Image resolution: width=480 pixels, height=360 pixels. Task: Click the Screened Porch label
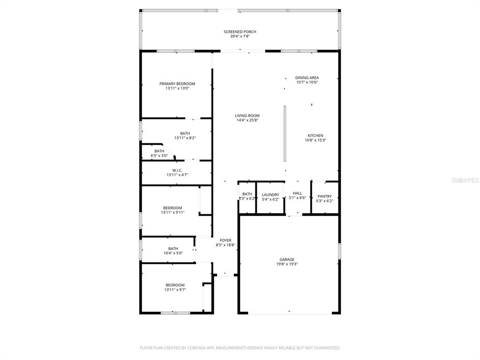(x=240, y=32)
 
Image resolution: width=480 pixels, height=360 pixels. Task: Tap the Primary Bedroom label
(x=177, y=83)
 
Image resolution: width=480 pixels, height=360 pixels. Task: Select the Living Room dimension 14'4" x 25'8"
(x=247, y=120)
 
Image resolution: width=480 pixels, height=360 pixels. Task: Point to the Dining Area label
(x=307, y=78)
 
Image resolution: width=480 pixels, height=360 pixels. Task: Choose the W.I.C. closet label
(x=177, y=170)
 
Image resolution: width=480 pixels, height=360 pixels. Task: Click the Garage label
(x=287, y=259)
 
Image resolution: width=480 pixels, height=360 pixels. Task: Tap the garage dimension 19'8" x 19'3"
(x=287, y=264)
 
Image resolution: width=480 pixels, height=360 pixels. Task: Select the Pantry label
(x=324, y=196)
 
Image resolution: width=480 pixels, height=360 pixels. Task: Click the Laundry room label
(x=270, y=195)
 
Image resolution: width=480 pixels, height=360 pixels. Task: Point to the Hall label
(x=297, y=193)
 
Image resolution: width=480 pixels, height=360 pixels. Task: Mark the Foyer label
(x=225, y=240)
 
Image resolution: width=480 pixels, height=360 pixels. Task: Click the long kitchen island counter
(x=285, y=134)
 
